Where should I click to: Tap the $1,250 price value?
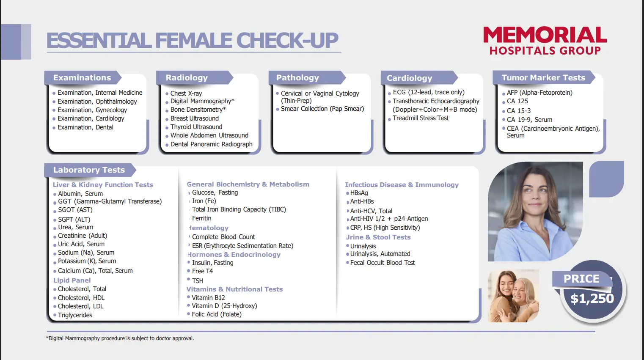pos(592,298)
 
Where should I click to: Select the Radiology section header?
pos(187,78)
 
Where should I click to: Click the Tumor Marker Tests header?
pos(543,78)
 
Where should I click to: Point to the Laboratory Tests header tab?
pos(89,170)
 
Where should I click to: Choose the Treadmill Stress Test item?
pos(421,118)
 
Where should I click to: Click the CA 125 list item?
pos(517,101)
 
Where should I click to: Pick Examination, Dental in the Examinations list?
pos(85,127)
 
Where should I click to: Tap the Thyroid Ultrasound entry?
pos(196,127)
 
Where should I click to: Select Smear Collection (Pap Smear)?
pos(322,109)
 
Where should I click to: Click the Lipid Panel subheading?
pos(72,280)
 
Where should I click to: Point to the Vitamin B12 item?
pos(208,298)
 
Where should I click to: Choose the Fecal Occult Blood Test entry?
pos(383,263)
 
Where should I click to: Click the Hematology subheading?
pos(209,228)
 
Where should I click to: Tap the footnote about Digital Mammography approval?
pos(120,338)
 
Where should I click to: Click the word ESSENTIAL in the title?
pos(99,41)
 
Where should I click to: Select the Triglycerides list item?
pos(75,315)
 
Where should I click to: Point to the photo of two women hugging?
pos(513,296)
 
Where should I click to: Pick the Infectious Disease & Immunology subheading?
pos(402,185)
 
